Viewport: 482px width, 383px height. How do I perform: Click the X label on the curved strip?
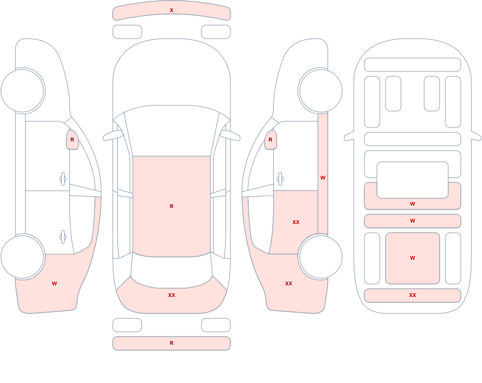tap(172, 10)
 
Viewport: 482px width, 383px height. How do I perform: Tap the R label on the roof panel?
tap(172, 206)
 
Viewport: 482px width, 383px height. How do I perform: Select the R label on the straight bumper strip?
tap(172, 343)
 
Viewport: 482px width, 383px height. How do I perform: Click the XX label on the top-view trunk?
tap(172, 295)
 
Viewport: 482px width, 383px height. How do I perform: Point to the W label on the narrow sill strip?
tap(323, 178)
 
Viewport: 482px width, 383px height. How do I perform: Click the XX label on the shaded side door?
tap(296, 222)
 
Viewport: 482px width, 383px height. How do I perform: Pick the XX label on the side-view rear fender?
tap(289, 284)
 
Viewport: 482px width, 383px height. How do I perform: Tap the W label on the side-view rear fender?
tap(54, 284)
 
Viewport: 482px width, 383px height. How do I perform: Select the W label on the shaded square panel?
tap(413, 258)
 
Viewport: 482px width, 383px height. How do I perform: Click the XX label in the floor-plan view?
tap(413, 295)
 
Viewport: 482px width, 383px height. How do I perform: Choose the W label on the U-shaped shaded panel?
tap(413, 204)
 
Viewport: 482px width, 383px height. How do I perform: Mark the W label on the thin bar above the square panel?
tap(413, 221)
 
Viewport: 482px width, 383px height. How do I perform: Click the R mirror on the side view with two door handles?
tap(73, 140)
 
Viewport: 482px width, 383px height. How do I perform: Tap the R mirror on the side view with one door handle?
tap(270, 140)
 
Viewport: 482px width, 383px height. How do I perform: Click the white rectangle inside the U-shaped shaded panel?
tap(413, 180)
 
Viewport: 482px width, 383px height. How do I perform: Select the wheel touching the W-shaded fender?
tap(23, 256)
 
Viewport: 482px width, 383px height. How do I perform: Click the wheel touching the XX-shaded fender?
tap(321, 256)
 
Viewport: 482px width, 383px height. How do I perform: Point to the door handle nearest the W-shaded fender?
tap(63, 237)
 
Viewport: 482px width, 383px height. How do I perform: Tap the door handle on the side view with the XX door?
tap(280, 179)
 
